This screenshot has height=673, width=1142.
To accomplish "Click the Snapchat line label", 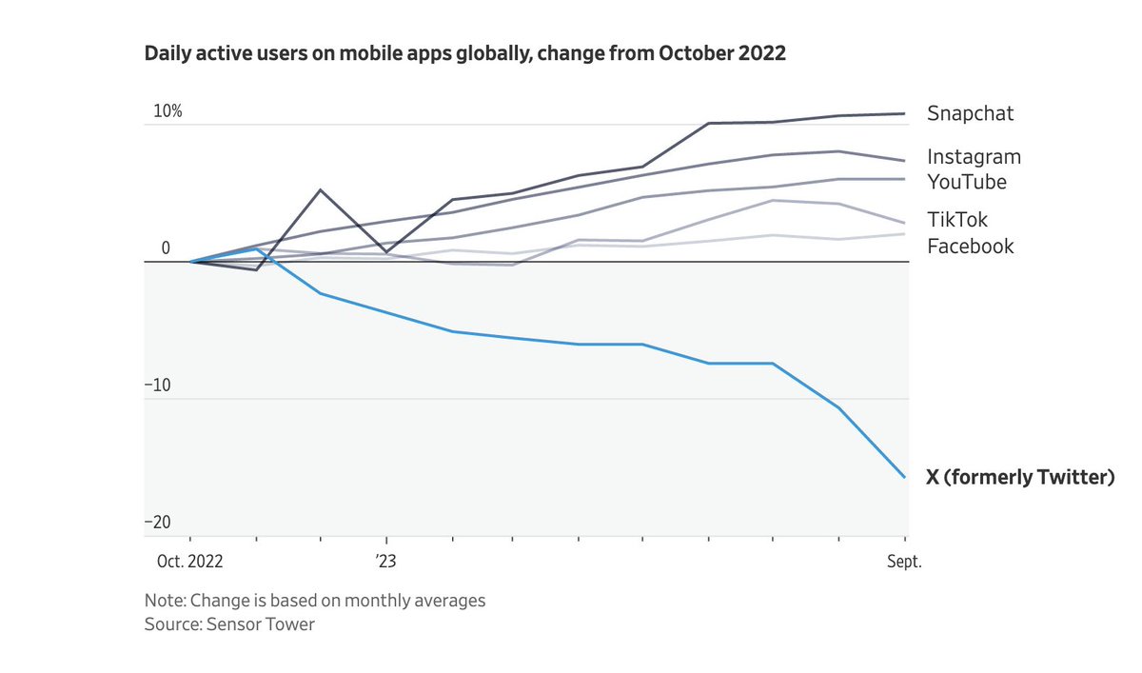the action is [970, 113].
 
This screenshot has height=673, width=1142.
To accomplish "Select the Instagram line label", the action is [974, 157].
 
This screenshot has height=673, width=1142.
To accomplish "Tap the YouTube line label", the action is [967, 182].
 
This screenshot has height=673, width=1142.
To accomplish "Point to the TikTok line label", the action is [957, 220].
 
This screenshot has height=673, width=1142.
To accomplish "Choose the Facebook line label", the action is [970, 247].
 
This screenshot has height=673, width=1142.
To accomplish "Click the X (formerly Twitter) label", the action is [1020, 477].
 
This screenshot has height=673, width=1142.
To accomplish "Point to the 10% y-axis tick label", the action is [167, 111].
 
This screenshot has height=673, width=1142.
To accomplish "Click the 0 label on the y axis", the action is [166, 248].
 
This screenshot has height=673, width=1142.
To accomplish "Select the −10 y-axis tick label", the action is [158, 386].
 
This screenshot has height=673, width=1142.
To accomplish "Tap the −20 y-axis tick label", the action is [158, 523].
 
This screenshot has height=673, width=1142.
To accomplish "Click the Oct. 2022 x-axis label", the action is [189, 562].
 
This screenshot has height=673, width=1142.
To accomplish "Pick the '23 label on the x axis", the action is [386, 562].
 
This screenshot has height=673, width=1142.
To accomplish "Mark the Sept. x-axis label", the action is [904, 562].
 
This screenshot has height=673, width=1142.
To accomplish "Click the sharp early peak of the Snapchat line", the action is [320, 190].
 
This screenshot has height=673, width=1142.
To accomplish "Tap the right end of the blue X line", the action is [904, 477].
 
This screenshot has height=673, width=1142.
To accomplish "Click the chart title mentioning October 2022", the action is [465, 53].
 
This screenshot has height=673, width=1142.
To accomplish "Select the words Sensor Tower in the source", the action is [261, 624].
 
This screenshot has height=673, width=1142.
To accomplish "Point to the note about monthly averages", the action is [315, 601].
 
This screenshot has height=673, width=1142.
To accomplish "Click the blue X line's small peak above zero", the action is [256, 249].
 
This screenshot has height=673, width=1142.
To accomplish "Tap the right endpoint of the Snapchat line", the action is [904, 113].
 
